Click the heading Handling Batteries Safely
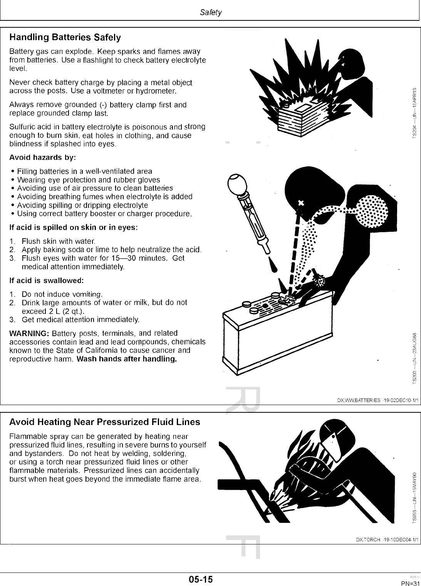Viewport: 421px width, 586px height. point(65,37)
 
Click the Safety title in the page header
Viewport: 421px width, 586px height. point(211,12)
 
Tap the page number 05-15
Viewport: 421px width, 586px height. point(201,579)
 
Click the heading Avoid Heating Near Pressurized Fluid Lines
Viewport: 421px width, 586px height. point(104,422)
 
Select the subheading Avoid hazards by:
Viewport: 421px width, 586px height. point(42,157)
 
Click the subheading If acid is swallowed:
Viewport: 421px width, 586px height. point(46,280)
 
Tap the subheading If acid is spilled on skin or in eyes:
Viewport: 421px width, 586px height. point(73,227)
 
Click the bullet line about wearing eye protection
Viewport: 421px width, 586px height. point(89,180)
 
